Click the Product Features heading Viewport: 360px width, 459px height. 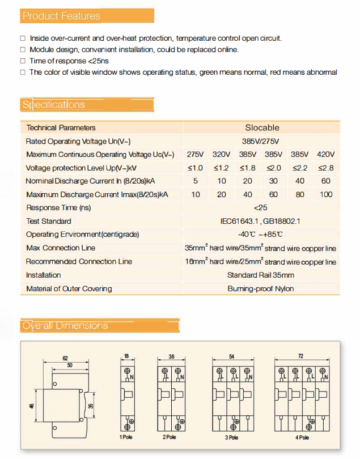(61, 16)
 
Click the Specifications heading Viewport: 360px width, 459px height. (54, 105)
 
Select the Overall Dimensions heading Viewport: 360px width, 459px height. (65, 325)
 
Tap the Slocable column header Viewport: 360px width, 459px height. (262, 127)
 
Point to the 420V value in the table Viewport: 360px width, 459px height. (326, 155)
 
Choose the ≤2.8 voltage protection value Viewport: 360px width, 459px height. (326, 168)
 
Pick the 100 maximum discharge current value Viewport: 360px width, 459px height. (326, 194)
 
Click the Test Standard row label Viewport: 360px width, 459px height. (49, 221)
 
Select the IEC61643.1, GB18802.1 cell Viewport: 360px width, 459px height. (260, 221)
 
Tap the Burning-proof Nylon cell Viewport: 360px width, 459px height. (261, 288)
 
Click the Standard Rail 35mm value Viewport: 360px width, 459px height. (261, 275)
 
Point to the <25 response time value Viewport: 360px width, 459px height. (261, 208)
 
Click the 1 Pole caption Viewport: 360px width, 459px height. (126, 437)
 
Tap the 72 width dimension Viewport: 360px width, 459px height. (300, 356)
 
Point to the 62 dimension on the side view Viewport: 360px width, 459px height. (65, 358)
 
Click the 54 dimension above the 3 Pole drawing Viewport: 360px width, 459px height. (231, 356)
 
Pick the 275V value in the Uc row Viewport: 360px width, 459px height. (195, 155)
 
